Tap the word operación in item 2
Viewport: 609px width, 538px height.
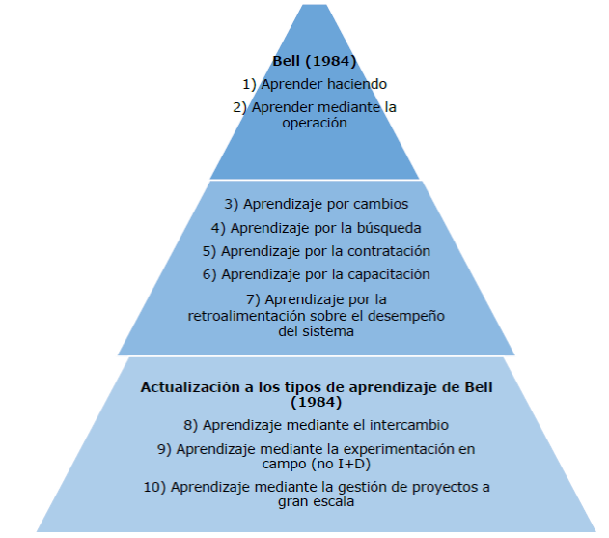[314, 123]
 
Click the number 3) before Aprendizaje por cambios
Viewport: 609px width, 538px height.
[230, 205]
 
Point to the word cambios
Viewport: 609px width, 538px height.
[381, 205]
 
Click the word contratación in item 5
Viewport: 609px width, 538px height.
[387, 251]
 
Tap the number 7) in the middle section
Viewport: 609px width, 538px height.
[253, 298]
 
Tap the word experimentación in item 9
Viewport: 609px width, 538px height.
[397, 449]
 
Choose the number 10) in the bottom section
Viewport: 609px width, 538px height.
[153, 487]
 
